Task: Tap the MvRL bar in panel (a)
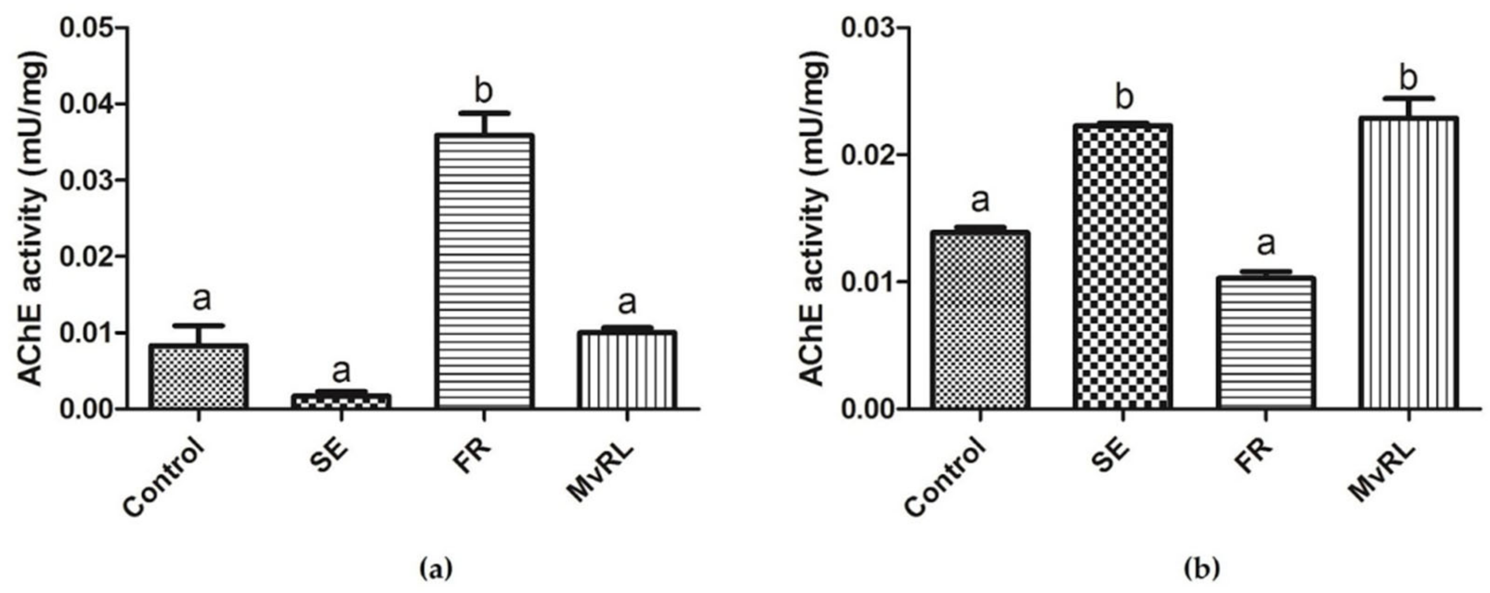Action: click(x=627, y=370)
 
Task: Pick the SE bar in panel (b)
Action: click(x=1123, y=267)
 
